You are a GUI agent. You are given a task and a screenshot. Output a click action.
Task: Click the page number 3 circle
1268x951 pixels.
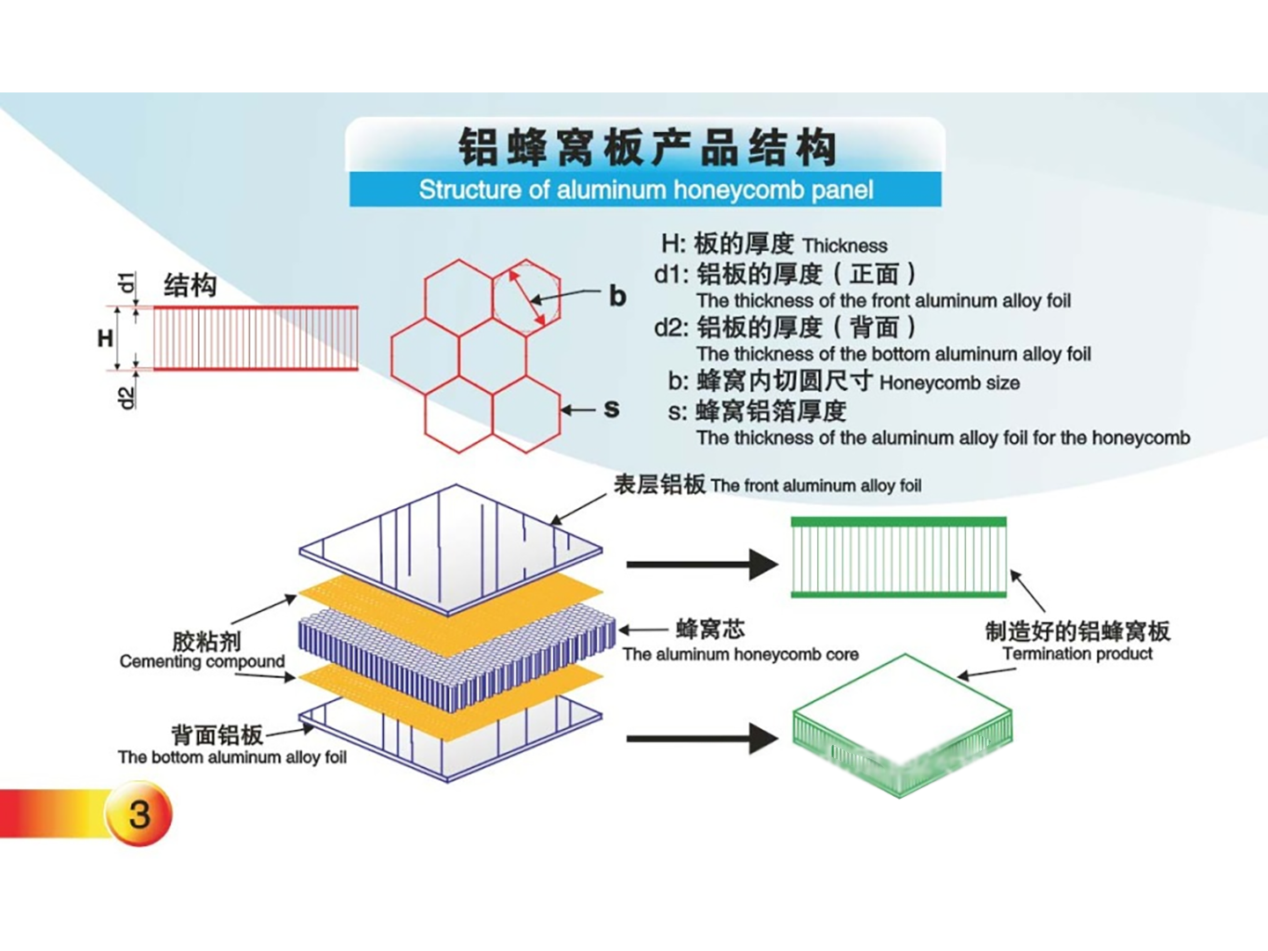click(139, 815)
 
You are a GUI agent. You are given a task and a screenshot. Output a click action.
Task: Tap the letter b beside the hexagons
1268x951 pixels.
click(617, 296)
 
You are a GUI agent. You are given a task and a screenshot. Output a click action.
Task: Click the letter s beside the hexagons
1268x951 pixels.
click(612, 409)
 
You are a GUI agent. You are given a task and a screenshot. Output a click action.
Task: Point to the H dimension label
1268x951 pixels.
click(106, 338)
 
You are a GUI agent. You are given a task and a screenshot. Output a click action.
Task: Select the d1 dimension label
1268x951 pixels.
click(129, 283)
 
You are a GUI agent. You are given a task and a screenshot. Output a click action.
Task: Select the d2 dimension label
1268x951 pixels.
click(129, 398)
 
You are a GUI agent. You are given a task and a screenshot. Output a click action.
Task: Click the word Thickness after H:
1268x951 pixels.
click(844, 246)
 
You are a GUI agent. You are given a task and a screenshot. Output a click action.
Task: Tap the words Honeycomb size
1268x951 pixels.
click(949, 383)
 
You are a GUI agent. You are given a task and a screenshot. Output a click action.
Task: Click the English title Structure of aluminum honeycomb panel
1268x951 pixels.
click(645, 190)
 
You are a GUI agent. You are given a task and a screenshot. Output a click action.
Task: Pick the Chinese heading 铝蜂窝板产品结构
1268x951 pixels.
click(646, 147)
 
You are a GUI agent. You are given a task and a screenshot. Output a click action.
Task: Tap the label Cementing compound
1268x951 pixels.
click(203, 661)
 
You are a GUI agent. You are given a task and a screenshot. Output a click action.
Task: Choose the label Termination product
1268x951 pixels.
click(1077, 653)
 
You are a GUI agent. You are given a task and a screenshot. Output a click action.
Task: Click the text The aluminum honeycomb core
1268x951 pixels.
click(740, 654)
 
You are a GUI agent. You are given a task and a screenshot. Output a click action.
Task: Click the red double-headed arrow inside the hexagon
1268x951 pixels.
click(526, 296)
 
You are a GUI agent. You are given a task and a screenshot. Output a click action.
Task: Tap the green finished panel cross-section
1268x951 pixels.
click(898, 557)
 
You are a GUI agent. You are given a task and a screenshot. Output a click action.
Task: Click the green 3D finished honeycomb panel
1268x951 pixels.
click(902, 726)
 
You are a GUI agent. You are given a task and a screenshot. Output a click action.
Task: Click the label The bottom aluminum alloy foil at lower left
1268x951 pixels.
click(232, 757)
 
